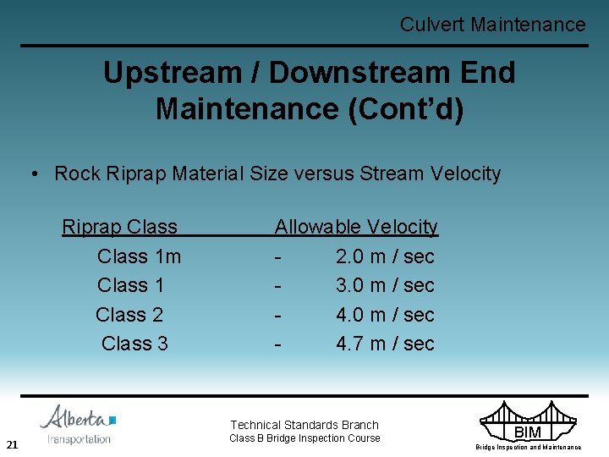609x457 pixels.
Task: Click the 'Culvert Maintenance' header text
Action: tap(492, 25)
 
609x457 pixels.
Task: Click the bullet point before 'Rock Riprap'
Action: tap(35, 174)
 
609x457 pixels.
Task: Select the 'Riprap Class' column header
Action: tap(119, 227)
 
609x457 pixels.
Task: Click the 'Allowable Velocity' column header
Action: tap(356, 227)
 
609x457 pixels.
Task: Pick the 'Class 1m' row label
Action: tap(139, 256)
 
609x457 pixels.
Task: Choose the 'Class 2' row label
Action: tap(129, 315)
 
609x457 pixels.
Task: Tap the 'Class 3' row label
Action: tap(134, 344)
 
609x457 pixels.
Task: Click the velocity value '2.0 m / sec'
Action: tap(385, 256)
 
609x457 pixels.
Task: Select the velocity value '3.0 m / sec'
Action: tap(385, 285)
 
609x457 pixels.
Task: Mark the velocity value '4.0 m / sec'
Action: tap(385, 315)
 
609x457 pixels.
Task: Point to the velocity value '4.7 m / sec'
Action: tap(385, 344)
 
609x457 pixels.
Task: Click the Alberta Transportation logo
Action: tap(79, 425)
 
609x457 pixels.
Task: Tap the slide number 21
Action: tap(12, 444)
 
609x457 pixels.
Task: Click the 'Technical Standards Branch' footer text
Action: tap(304, 425)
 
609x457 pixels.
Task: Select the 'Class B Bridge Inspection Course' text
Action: tap(304, 438)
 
